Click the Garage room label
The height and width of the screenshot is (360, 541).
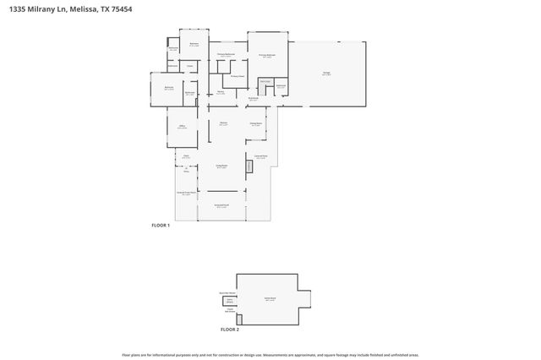click(x=325, y=74)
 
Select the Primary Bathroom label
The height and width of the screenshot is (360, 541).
click(x=226, y=55)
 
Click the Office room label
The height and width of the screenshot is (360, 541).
click(x=182, y=127)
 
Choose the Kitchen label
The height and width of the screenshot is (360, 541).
click(x=224, y=124)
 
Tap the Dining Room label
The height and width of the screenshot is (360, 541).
click(x=255, y=124)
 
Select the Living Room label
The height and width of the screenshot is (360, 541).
click(x=221, y=166)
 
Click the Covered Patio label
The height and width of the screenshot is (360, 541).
click(x=261, y=156)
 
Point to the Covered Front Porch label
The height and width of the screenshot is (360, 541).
click(x=187, y=193)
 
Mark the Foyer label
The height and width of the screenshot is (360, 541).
click(x=186, y=156)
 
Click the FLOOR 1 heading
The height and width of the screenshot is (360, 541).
click(x=161, y=226)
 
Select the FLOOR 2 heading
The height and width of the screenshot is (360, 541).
click(x=229, y=329)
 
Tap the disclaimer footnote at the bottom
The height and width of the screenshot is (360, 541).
click(x=270, y=355)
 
